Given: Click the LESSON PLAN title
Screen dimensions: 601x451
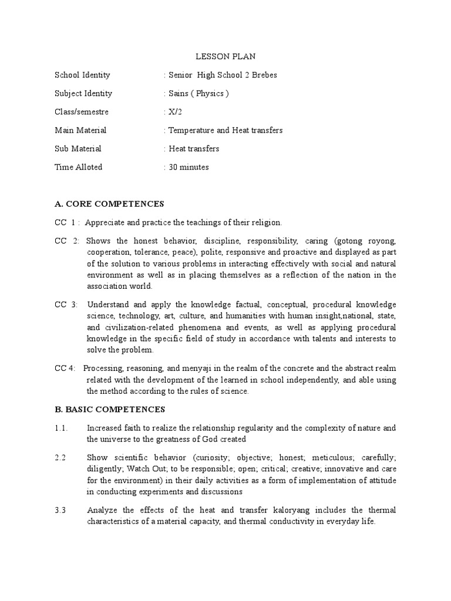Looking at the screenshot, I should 225,57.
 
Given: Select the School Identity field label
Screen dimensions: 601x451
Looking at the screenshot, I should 82,75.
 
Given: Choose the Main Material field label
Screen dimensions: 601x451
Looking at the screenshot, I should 80,130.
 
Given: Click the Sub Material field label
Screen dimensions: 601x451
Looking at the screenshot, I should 78,148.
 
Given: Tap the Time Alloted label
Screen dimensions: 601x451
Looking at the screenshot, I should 79,167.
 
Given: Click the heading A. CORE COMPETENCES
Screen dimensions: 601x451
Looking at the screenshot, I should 109,204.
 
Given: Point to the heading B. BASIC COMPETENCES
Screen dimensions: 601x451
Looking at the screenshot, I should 110,409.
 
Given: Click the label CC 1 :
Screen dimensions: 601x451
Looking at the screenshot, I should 67,222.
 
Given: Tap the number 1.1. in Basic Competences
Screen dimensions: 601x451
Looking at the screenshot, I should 62,427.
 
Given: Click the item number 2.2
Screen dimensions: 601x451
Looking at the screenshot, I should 61,457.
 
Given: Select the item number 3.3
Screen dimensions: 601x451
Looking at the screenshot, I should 61,510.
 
